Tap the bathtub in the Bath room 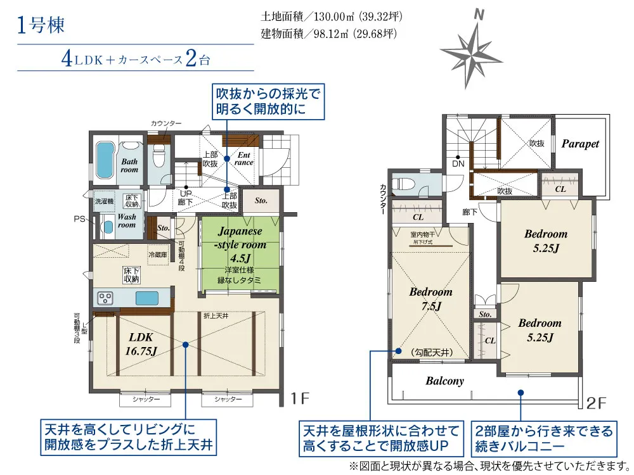(105, 153)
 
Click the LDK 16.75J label (141, 344)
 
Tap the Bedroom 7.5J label (430, 299)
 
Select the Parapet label (580, 144)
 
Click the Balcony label (444, 381)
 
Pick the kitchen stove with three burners (105, 297)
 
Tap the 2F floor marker (597, 402)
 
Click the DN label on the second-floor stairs (458, 164)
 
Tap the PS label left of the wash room (78, 218)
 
